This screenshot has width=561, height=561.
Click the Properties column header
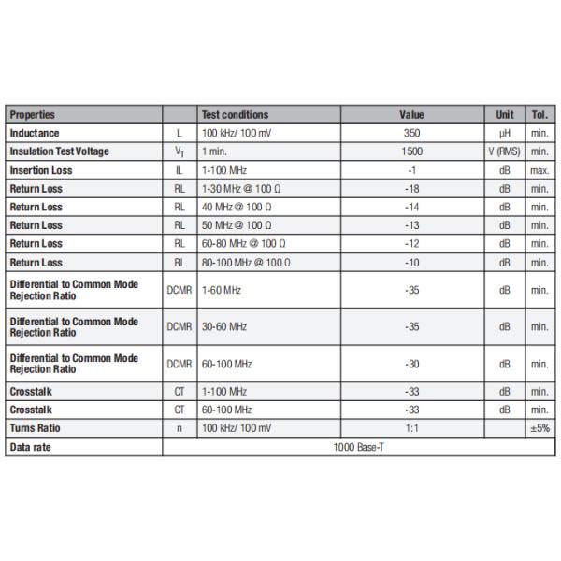click(x=33, y=115)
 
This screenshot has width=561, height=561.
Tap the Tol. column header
click(x=539, y=115)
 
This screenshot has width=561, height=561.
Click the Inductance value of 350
click(x=411, y=134)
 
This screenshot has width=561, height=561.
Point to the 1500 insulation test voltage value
click(x=411, y=151)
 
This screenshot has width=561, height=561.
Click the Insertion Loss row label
click(x=40, y=170)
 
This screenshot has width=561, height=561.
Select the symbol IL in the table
click(x=179, y=170)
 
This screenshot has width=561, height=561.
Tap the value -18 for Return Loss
click(x=411, y=189)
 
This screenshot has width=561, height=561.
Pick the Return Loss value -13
click(x=411, y=225)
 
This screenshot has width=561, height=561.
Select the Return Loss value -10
click(x=411, y=263)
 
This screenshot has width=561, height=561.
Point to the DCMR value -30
click(x=411, y=364)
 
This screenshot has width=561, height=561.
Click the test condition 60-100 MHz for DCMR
click(x=226, y=364)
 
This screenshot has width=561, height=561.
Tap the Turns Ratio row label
click(x=36, y=428)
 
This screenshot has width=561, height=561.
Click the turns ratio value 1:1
click(x=411, y=428)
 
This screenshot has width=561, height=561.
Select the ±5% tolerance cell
click(x=539, y=428)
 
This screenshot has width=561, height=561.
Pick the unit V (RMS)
click(x=504, y=151)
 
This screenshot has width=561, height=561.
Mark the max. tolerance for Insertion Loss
click(x=539, y=170)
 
